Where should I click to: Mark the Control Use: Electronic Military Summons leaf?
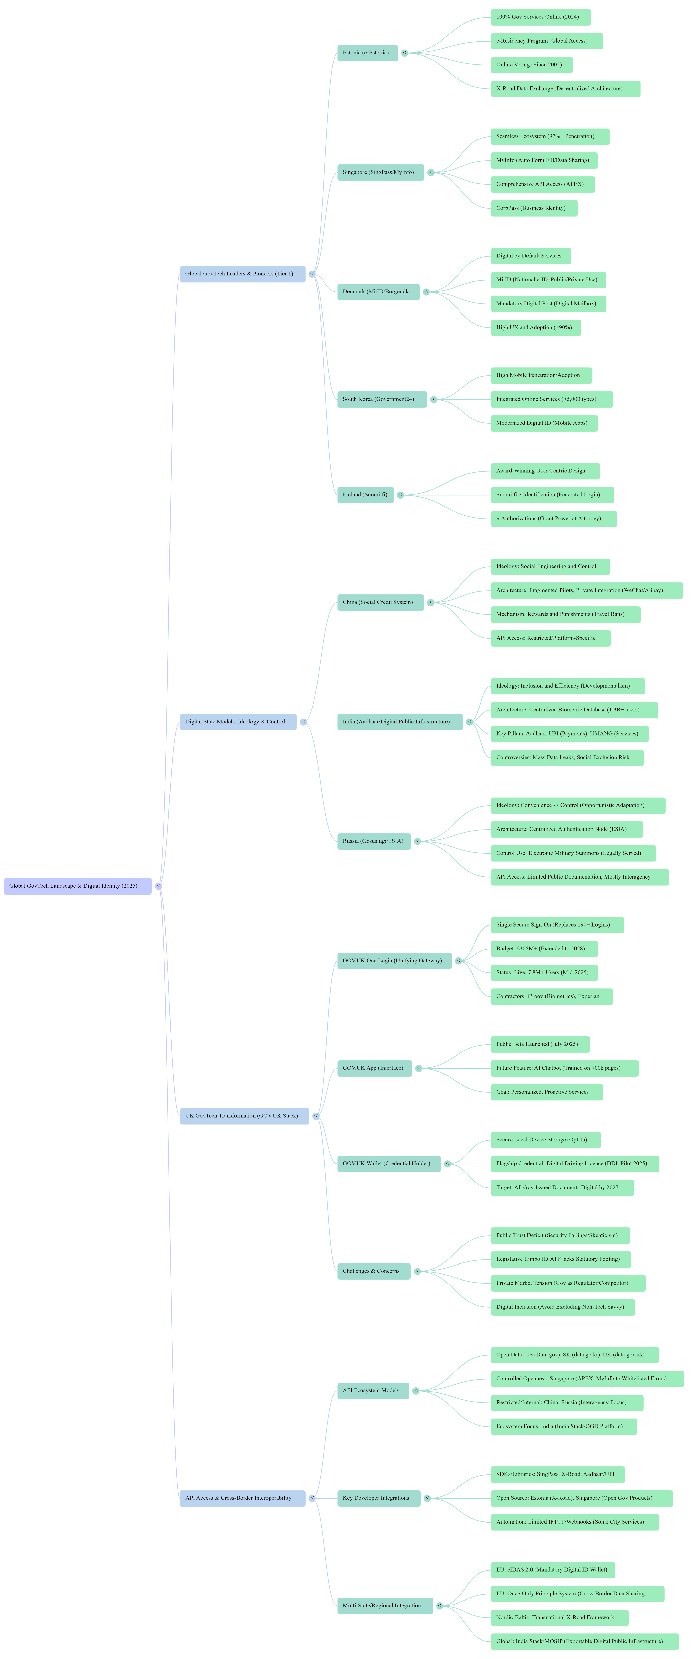573,853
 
